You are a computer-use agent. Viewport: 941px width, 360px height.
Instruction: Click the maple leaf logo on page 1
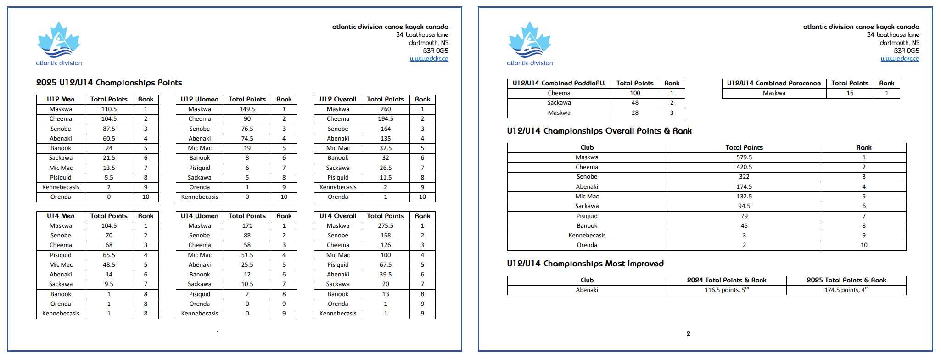(x=58, y=40)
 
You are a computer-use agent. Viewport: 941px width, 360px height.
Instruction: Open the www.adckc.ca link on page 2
(x=900, y=59)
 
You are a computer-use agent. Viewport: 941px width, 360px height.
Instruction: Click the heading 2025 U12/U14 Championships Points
(x=109, y=83)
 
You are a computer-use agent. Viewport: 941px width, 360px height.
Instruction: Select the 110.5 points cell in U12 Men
(x=109, y=109)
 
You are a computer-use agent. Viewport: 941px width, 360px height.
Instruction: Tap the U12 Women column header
(x=200, y=99)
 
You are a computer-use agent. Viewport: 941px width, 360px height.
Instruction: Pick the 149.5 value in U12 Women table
(x=247, y=109)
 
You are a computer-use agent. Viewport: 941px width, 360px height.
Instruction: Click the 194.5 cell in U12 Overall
(x=386, y=119)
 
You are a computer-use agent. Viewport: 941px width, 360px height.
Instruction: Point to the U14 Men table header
(x=61, y=216)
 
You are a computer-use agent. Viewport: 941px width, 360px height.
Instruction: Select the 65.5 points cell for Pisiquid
(x=109, y=255)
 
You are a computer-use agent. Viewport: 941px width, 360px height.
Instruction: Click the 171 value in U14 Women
(x=247, y=226)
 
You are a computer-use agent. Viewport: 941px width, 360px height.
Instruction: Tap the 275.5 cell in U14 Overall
(x=386, y=226)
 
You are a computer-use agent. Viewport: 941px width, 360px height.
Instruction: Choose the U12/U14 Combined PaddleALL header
(x=559, y=83)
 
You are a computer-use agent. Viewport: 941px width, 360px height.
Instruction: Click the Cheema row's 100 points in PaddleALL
(x=635, y=93)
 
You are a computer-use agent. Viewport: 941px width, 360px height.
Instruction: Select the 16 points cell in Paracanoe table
(x=850, y=93)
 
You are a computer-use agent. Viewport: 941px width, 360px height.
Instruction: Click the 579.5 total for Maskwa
(x=744, y=157)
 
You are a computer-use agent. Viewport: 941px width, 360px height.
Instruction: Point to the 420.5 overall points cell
(x=744, y=167)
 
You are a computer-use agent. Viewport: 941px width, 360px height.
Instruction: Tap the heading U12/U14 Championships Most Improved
(x=585, y=264)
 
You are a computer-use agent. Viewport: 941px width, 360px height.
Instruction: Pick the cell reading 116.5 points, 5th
(x=726, y=290)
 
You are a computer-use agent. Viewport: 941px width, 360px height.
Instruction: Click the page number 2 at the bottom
(x=688, y=334)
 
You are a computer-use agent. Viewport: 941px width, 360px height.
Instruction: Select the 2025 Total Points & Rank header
(x=846, y=280)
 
